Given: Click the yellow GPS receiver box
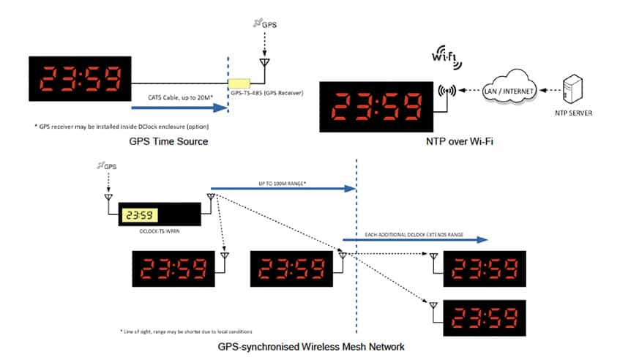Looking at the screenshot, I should (239, 83).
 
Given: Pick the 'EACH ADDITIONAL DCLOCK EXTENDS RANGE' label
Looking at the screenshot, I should (414, 234).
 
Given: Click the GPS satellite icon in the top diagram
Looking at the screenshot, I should (258, 23).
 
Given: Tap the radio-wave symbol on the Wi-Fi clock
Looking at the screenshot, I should (445, 91).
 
